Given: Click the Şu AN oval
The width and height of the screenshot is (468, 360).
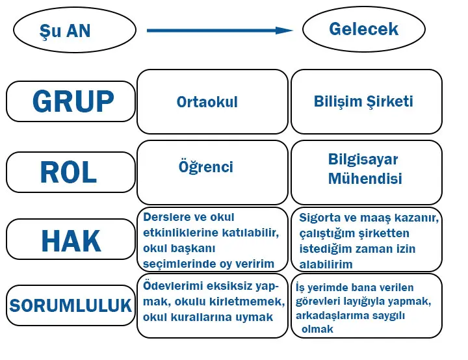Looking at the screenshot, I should (x=75, y=30).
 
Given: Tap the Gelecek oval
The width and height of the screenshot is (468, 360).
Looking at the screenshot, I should (x=363, y=29).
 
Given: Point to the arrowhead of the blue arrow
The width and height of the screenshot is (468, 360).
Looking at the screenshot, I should (x=285, y=30).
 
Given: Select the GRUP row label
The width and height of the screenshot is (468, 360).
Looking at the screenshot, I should (x=71, y=101).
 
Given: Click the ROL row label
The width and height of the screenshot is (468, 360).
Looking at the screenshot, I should (x=70, y=172).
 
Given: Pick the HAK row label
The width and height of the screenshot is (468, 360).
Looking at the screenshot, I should (x=71, y=241).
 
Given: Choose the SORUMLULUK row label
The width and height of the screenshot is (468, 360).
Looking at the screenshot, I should (x=71, y=305).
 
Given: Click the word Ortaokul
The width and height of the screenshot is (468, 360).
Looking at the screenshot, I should (x=207, y=102).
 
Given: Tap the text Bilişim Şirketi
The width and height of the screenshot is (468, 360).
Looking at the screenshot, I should (x=363, y=101).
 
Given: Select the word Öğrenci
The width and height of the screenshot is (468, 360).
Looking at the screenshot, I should (x=206, y=167).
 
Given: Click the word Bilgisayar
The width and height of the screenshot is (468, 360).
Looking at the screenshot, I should (x=363, y=160).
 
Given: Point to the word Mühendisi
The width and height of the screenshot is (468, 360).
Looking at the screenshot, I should (x=365, y=178).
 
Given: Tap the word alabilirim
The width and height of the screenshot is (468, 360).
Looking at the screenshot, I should (x=326, y=264).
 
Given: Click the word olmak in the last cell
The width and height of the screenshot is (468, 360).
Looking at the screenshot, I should (x=317, y=329).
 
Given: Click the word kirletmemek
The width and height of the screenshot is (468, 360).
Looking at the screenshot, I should (x=250, y=302).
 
